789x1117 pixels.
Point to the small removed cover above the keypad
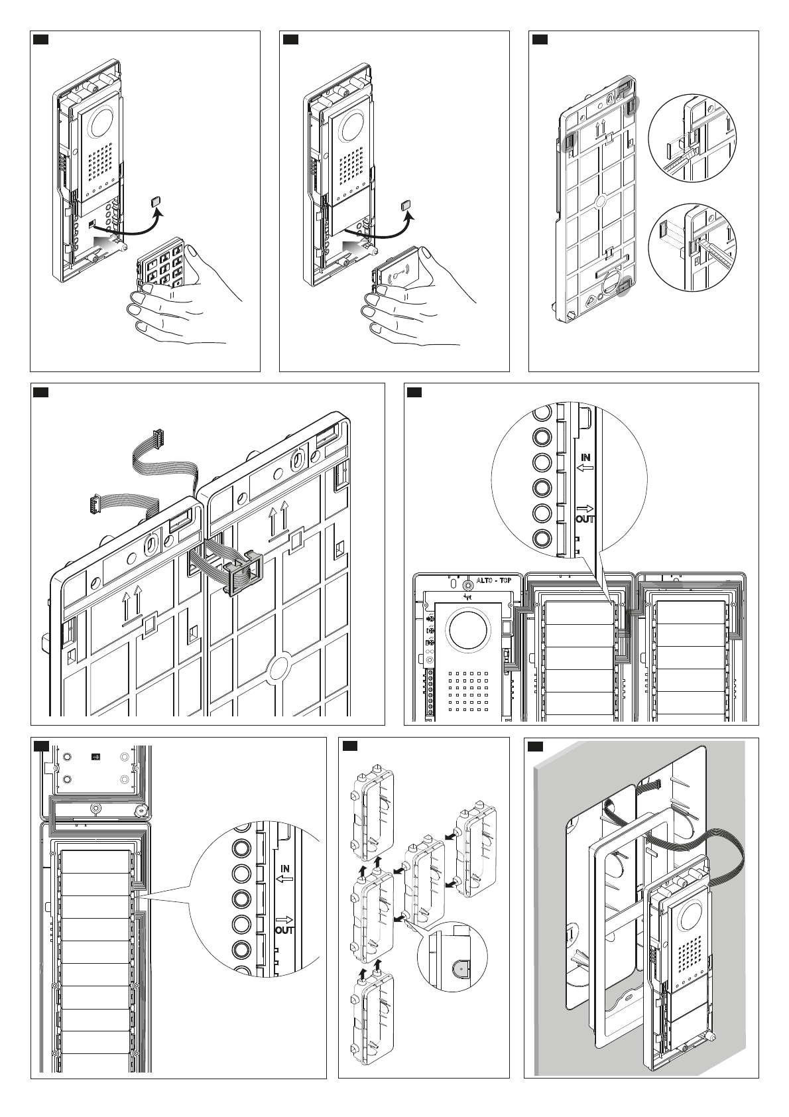156,202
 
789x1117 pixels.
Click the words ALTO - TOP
499,579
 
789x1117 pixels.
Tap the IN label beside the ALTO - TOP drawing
585,457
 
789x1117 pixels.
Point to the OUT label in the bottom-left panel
285,930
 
